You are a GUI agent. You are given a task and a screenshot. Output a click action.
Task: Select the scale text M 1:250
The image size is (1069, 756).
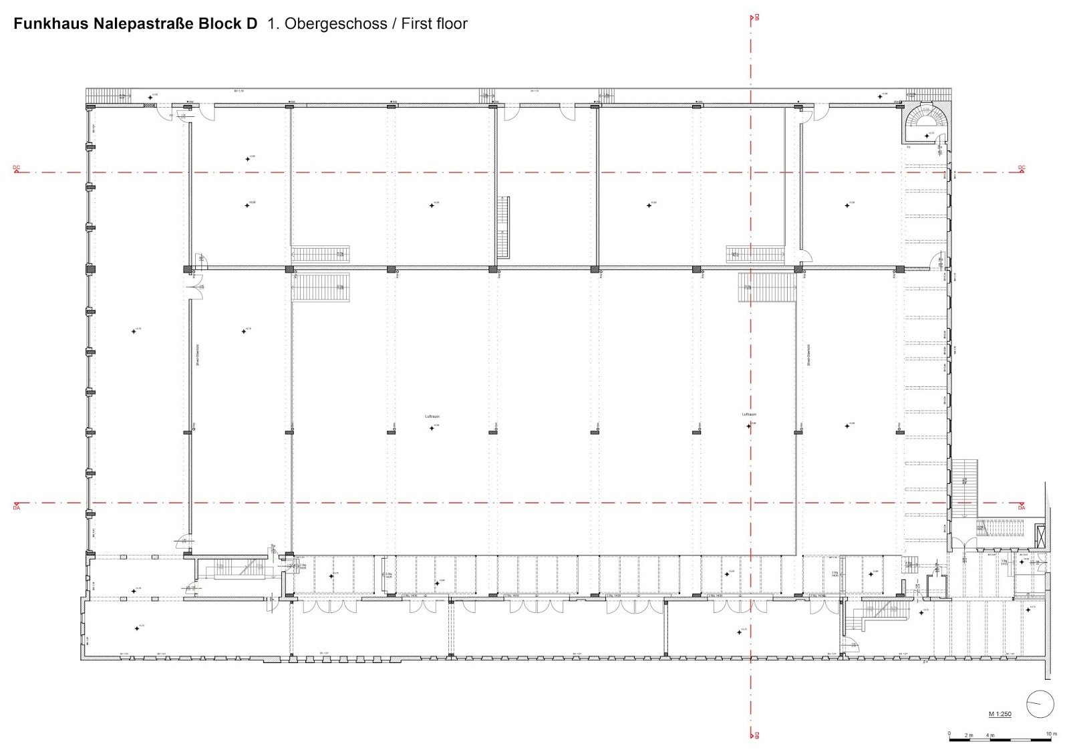pos(1000,714)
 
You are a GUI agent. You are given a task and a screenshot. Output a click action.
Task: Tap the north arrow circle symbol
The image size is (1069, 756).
pos(1040,704)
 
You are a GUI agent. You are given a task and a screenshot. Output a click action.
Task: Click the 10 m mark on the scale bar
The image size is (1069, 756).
pos(1051,735)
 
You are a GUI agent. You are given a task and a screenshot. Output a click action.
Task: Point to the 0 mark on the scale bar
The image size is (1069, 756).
pos(949,735)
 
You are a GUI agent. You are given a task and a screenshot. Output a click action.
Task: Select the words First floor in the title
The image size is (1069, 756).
pos(434,24)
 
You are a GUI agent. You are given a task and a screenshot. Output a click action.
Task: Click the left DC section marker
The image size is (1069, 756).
pos(17,168)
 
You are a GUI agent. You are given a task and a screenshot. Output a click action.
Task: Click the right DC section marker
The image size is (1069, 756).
pos(1022,168)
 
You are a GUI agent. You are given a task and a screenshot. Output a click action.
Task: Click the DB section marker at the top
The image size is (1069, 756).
pos(756,17)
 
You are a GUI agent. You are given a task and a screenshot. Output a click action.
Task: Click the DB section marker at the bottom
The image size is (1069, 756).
pos(756,736)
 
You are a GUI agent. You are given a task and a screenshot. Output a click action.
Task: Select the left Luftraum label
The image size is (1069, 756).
pos(432,416)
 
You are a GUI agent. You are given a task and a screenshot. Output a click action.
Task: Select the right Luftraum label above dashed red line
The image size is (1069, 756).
pos(749,414)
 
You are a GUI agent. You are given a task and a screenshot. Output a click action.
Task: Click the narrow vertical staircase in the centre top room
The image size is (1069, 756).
pos(503,227)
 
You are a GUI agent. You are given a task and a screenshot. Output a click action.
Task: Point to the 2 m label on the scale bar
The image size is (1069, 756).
pos(969,735)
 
